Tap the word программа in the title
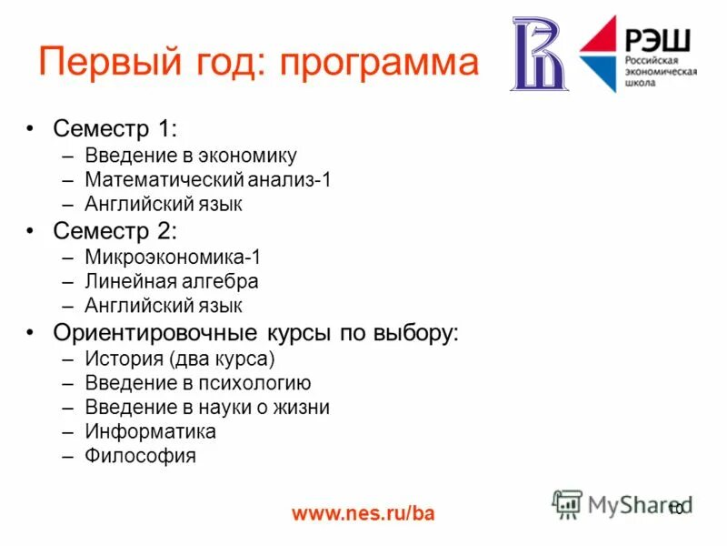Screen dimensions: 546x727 (379, 64)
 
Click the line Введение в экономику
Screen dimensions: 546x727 (191, 156)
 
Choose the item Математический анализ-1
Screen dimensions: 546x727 (208, 179)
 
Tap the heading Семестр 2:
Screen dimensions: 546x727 (115, 230)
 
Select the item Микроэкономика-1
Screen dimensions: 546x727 (173, 258)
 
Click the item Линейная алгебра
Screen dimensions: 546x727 (172, 281)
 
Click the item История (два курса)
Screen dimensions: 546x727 (180, 359)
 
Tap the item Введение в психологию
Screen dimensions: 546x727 (198, 383)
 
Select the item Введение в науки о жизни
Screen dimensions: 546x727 (207, 407)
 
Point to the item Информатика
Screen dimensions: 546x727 (151, 431)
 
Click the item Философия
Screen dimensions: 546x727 (141, 456)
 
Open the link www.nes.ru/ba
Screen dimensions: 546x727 (363, 514)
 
